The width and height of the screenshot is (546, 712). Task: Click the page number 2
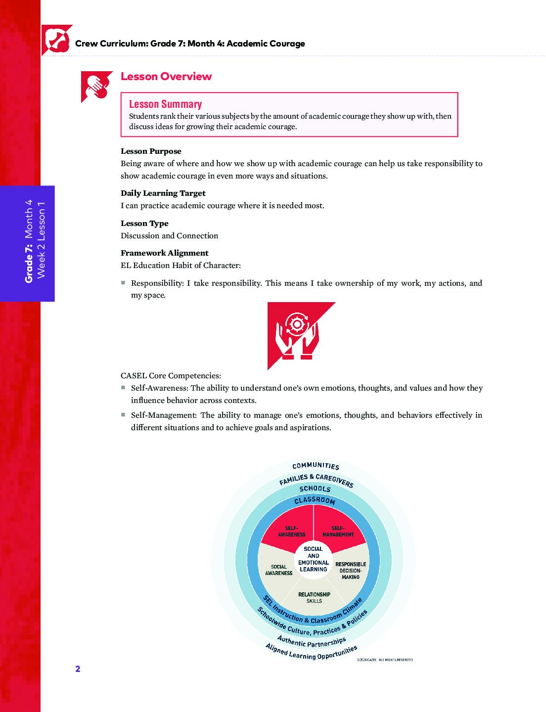(78, 669)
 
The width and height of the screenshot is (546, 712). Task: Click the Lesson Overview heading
(166, 77)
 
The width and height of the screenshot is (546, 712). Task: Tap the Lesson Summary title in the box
(165, 104)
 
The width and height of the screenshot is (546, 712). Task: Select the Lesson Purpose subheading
(151, 151)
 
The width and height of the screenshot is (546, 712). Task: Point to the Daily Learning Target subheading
(163, 193)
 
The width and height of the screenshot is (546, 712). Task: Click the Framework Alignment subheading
(164, 253)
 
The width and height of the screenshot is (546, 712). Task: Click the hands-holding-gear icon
(297, 333)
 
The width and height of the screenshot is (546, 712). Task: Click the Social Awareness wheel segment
(278, 570)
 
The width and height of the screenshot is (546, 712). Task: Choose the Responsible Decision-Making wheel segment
(351, 570)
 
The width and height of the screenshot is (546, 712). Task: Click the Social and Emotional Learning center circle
(313, 559)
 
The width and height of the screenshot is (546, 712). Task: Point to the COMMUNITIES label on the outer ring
(316, 466)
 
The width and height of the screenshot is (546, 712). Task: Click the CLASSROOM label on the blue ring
(315, 500)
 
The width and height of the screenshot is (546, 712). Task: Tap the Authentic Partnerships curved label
(312, 642)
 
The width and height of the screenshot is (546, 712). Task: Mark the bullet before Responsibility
(123, 283)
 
